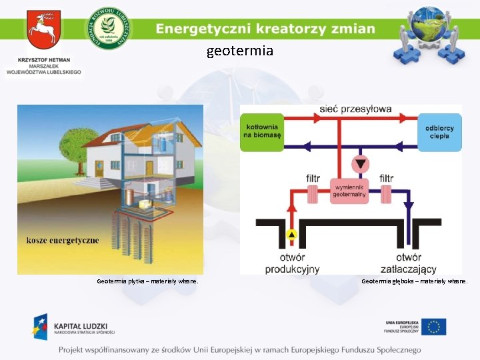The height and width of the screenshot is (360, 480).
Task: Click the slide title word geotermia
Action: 240,51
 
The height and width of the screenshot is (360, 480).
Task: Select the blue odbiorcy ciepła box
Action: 439,131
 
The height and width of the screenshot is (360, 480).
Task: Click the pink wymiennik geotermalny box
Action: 349,191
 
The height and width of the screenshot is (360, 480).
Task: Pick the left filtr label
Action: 313,179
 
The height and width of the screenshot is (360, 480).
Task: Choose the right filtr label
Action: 387,179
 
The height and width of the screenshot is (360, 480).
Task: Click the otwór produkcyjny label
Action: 292,263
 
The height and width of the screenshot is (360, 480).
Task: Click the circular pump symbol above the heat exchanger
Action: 361,163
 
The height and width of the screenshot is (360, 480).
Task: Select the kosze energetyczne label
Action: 63,239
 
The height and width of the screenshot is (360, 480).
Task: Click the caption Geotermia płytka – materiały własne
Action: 147,281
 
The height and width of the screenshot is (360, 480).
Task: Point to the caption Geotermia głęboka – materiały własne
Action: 415,281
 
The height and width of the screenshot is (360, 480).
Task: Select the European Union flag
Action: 435,327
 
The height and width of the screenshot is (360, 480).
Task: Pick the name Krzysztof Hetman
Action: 43,59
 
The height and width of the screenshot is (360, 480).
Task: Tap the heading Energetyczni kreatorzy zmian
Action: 265,29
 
